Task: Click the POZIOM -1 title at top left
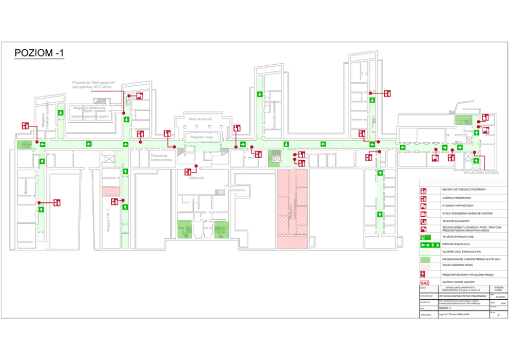pyautogui.click(x=39, y=53)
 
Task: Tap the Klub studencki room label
pyautogui.click(x=200, y=119)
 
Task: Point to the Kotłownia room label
pyautogui.click(x=196, y=178)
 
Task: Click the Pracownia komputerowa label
pyautogui.click(x=161, y=157)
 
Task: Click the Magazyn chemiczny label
pyautogui.click(x=89, y=108)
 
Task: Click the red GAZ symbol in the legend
pyautogui.click(x=424, y=283)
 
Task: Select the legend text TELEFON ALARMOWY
pyautogui.click(x=456, y=221)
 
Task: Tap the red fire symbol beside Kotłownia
pyautogui.click(x=188, y=172)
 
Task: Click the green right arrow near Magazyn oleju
pyautogui.click(x=242, y=144)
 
